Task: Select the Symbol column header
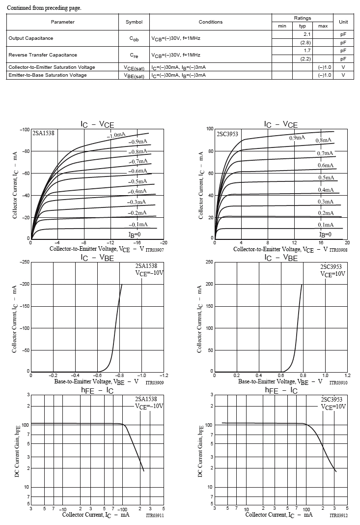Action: [x=134, y=22]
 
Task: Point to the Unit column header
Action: [x=343, y=22]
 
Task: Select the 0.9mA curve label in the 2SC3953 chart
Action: [x=297, y=138]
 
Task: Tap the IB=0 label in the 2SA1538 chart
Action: [x=135, y=234]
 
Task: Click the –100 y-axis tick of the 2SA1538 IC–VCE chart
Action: [x=25, y=130]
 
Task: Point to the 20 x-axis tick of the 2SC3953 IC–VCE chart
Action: [x=347, y=243]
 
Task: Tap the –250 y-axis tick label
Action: [x=24, y=262]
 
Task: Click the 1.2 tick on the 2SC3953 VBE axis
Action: [x=347, y=375]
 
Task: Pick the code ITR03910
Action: [x=338, y=382]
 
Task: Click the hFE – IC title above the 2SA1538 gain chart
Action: [x=97, y=391]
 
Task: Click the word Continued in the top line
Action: [x=19, y=8]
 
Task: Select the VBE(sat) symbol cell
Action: [x=134, y=75]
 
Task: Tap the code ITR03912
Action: [x=338, y=516]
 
